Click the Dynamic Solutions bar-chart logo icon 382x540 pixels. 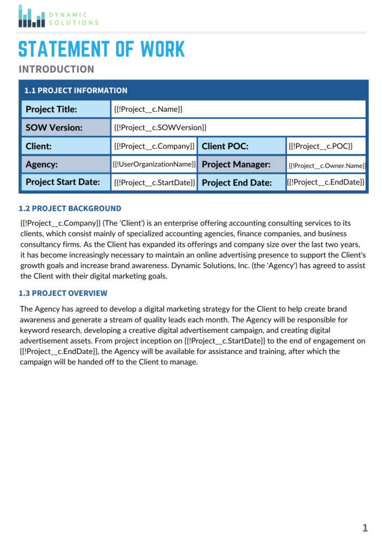point(32,16)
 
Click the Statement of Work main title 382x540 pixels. point(102,50)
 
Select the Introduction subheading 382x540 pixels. point(56,69)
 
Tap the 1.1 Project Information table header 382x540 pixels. point(76,90)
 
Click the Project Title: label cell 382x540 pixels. point(65,109)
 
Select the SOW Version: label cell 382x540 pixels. point(65,128)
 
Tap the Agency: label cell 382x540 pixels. point(65,164)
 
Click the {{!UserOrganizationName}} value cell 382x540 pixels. point(154,164)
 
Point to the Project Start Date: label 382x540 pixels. point(65,182)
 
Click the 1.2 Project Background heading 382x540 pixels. point(70,208)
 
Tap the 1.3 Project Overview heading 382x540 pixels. point(63,293)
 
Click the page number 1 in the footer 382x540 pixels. point(365,527)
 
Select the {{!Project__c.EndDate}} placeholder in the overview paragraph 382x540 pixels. point(58,351)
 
